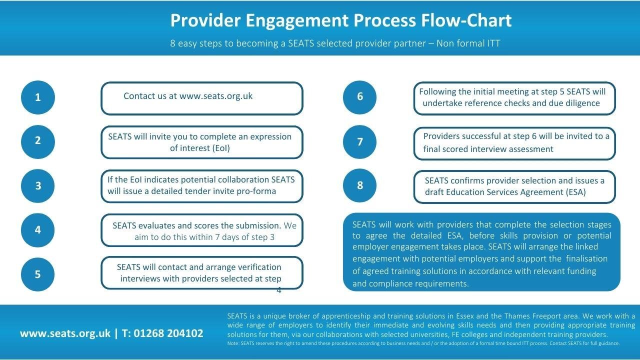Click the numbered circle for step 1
coord(37,97)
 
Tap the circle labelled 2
coord(37,141)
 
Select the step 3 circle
coord(37,186)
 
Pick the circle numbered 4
coord(37,230)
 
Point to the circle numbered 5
coord(37,274)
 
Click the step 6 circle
coord(359,97)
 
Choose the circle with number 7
coord(359,142)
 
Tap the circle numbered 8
coord(359,185)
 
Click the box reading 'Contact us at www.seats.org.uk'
coord(202,98)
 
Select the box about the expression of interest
coord(202,142)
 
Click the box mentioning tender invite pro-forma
coord(202,186)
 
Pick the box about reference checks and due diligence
coord(514,98)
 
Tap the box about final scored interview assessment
coord(514,143)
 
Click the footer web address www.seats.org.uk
coord(65,333)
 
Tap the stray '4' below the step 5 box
coord(279,290)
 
